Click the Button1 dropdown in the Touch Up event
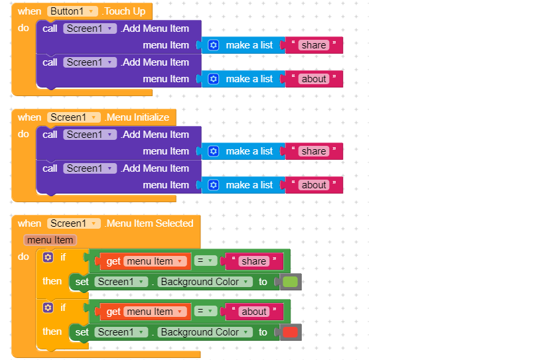pos(72,11)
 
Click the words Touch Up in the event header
pos(125,11)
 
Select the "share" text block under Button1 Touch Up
pos(314,45)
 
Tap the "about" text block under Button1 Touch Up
pos(314,79)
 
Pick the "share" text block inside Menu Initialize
pos(314,151)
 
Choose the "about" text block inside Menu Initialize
pos(314,185)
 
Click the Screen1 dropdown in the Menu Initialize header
pos(74,117)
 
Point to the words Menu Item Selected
pos(149,223)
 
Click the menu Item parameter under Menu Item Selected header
pos(50,240)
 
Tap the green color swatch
pos(290,282)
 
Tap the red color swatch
pos(290,332)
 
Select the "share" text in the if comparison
pos(254,261)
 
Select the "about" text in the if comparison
pos(254,312)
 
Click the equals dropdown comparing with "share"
pos(206,261)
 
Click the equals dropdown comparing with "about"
pos(206,311)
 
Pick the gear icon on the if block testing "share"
pos(48,257)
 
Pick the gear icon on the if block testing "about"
pos(48,308)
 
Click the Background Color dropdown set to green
pos(205,282)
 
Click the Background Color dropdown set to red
pos(205,332)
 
